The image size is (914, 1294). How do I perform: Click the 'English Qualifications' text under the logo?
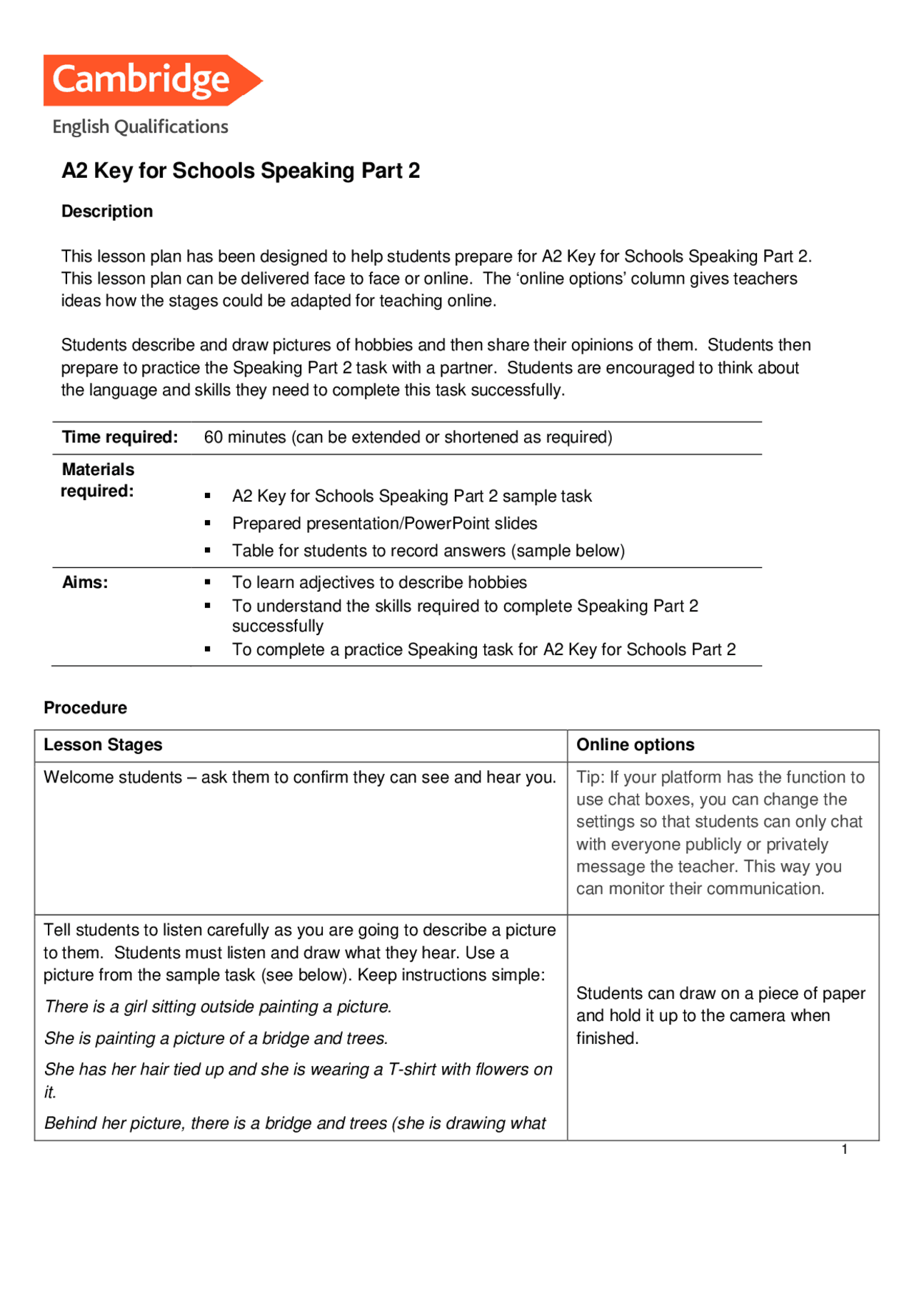[140, 127]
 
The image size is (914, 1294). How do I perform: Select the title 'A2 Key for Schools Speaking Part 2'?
[241, 171]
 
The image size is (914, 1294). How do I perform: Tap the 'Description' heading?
[107, 211]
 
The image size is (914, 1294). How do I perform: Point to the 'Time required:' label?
[120, 437]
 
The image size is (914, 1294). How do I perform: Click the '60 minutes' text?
[244, 437]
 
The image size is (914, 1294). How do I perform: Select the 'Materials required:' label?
[98, 480]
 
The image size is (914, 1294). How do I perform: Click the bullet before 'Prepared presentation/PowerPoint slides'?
[208, 524]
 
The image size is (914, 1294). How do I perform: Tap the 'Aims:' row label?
[85, 582]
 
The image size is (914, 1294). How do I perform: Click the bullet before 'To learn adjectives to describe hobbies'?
[208, 582]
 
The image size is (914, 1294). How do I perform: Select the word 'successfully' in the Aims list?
[278, 627]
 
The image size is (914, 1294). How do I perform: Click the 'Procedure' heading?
[86, 708]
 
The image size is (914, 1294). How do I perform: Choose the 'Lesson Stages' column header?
[103, 745]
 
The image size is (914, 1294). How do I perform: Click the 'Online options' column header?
[635, 745]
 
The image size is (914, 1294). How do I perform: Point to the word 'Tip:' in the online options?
[590, 777]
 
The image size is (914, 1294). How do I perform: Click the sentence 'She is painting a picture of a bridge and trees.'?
[216, 1038]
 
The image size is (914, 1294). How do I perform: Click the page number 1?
[844, 1150]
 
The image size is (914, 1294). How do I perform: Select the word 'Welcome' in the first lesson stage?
[77, 777]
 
